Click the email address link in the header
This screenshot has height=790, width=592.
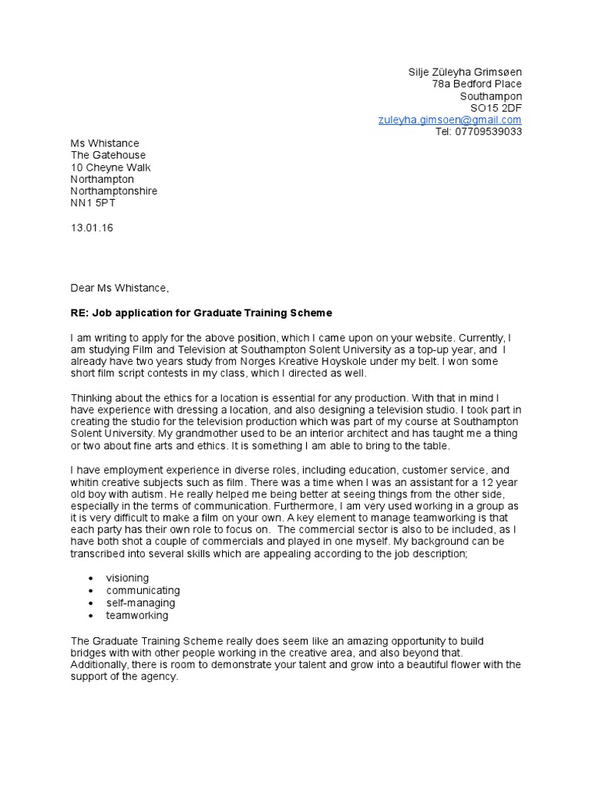click(x=449, y=120)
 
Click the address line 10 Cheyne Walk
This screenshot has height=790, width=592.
click(x=111, y=167)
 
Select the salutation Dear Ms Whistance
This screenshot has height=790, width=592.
click(x=119, y=288)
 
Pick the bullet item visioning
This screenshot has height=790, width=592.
click(x=128, y=578)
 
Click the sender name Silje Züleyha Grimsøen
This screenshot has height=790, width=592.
click(x=465, y=72)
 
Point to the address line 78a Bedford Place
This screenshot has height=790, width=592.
click(x=476, y=83)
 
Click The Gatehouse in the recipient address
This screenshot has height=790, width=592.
click(x=108, y=155)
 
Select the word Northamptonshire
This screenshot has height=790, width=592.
click(x=114, y=191)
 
